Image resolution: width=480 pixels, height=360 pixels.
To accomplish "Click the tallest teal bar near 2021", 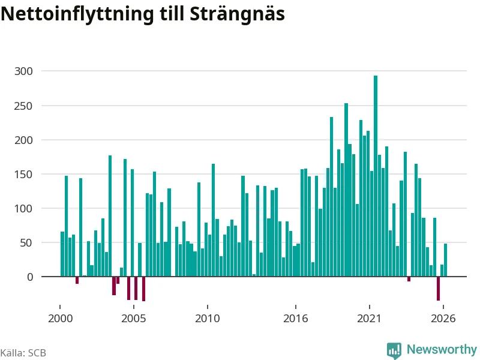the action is [x=376, y=176].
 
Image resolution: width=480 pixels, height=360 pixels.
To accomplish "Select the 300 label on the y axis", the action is [x=23, y=71].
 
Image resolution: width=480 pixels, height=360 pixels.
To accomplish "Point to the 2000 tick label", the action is [x=61, y=319].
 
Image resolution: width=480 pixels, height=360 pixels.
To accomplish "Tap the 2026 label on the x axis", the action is [x=443, y=319].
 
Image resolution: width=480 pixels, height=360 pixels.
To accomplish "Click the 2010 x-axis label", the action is [x=207, y=319].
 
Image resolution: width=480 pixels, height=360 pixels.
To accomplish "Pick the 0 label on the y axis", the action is [x=30, y=277].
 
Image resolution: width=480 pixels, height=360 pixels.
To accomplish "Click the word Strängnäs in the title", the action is [x=237, y=14].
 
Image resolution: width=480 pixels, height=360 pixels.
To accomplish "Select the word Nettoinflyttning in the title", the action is [x=77, y=14].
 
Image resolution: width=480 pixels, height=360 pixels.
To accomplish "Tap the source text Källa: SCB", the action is [x=23, y=353].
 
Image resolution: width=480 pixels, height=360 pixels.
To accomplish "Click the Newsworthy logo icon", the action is [x=394, y=350].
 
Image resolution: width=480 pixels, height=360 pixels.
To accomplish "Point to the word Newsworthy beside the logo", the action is [x=442, y=349].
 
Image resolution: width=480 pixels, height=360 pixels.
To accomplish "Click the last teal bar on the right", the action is [x=445, y=260].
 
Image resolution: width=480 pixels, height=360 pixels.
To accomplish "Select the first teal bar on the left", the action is [x=62, y=254].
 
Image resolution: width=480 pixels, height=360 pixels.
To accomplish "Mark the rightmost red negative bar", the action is [x=438, y=289].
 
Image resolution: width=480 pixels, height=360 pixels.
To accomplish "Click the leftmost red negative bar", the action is [x=77, y=280].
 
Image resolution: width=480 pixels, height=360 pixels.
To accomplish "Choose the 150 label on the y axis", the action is [x=23, y=175].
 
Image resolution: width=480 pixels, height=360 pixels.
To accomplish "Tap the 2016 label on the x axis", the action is [x=295, y=319].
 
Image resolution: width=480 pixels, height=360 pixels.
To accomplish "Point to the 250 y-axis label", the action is [x=23, y=106].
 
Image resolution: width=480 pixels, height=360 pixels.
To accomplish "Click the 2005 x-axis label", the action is [x=133, y=319].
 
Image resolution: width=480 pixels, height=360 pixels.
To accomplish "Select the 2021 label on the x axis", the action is [x=369, y=319].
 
